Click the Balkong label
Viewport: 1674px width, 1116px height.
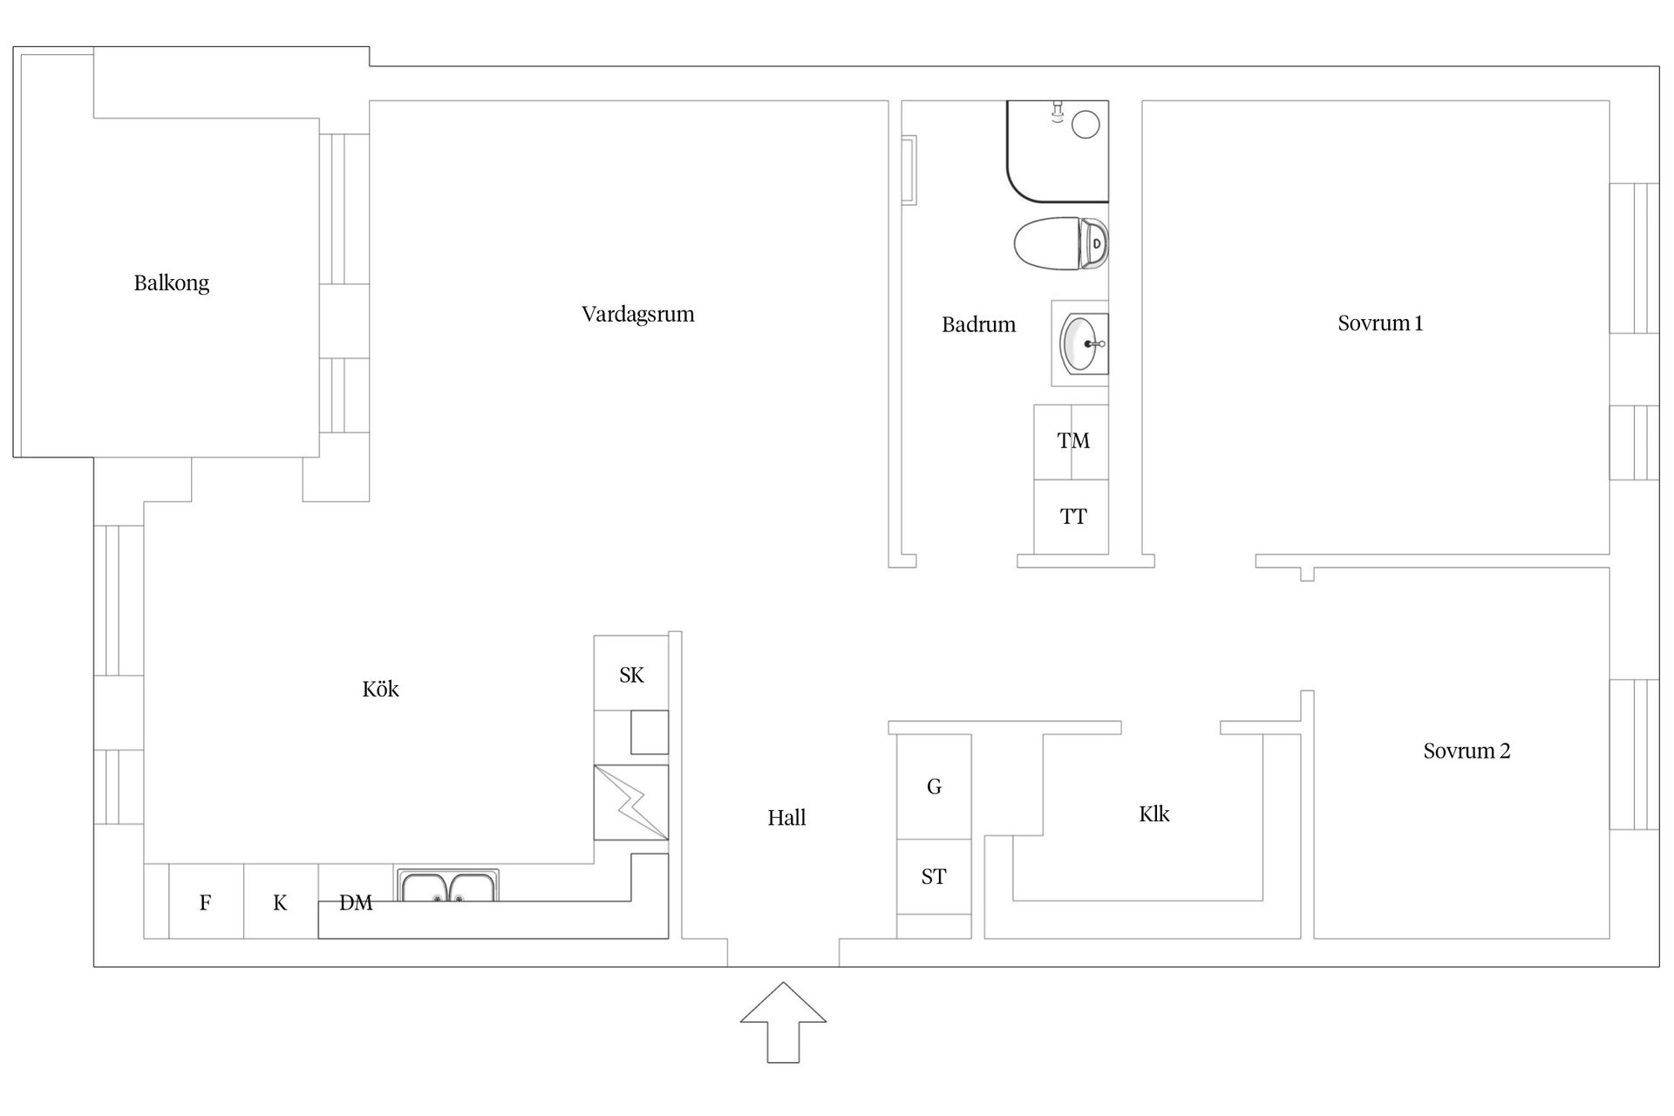point(172,283)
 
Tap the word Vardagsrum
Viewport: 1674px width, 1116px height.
point(638,315)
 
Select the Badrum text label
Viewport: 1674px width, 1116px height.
point(979,324)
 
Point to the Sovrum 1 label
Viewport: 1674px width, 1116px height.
point(1380,323)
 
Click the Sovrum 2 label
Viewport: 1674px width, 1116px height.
point(1467,751)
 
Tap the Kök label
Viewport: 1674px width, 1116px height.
point(380,689)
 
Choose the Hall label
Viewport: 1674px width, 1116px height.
point(786,818)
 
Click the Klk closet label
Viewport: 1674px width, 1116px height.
point(1154,814)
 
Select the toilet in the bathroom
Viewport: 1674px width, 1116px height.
point(1061,243)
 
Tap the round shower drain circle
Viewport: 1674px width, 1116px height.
point(1085,124)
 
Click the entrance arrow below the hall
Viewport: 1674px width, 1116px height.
point(783,1023)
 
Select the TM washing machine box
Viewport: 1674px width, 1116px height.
point(1072,441)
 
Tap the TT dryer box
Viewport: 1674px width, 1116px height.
point(1072,517)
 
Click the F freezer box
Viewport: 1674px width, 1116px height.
point(206,902)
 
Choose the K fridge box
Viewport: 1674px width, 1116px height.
point(281,902)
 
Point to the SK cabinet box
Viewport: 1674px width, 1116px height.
point(631,673)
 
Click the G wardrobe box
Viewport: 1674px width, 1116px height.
point(934,787)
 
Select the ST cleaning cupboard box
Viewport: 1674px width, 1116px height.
point(934,877)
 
